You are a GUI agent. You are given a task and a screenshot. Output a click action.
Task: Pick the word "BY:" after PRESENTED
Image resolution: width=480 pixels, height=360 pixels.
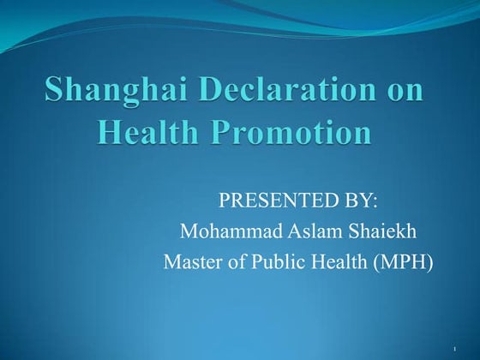(x=361, y=201)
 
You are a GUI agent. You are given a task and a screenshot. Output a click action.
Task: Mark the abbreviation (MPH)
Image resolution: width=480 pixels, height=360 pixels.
(x=402, y=261)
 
